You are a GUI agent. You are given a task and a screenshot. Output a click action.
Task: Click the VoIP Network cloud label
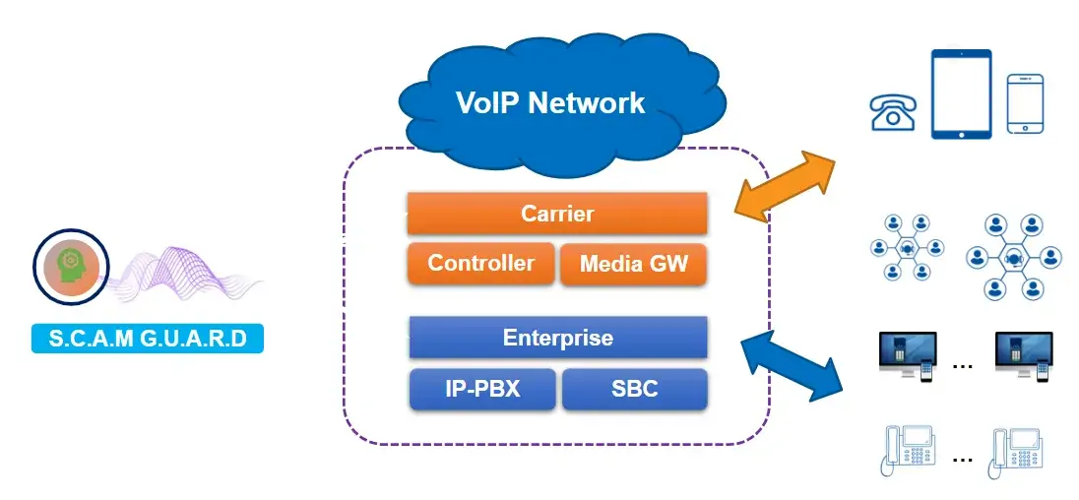tap(550, 102)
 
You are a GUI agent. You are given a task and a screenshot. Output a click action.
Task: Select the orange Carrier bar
tap(557, 213)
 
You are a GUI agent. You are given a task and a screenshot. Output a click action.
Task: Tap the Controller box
tap(480, 264)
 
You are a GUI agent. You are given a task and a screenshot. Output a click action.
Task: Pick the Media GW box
tap(633, 264)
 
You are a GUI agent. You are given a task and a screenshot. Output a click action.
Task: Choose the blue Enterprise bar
tap(557, 338)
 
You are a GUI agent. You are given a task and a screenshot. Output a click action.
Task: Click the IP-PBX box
tap(481, 389)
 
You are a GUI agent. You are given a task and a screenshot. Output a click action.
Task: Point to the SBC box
tap(634, 389)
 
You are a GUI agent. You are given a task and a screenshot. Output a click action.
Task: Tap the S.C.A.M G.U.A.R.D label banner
tap(148, 340)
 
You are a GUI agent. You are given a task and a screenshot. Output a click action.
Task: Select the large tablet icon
tap(962, 94)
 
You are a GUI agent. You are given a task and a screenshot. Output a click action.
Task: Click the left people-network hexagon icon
tap(906, 250)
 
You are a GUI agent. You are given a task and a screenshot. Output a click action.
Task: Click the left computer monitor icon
tap(906, 355)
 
